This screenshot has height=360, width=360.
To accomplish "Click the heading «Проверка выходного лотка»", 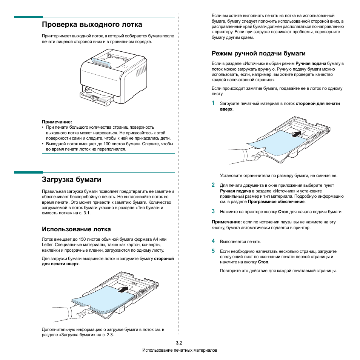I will tap(92, 25).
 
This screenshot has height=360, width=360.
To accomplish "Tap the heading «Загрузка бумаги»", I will tap(72, 179).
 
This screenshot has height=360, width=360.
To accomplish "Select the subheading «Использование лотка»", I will tap(77, 229).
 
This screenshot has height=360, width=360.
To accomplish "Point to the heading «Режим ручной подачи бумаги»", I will tap(258, 54).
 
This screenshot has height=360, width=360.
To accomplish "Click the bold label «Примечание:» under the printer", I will tap(57, 122).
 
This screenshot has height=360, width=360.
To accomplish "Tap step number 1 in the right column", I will tap(213, 103).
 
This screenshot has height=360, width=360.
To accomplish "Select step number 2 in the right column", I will tap(213, 185).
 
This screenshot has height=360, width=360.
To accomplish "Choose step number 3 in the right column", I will tap(213, 211).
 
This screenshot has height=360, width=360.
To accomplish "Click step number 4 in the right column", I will tap(213, 241).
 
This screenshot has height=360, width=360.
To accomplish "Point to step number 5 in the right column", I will tap(213, 251).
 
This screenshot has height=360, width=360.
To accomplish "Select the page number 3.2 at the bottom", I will tap(179, 343).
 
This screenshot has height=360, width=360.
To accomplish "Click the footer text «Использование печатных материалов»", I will tap(180, 351).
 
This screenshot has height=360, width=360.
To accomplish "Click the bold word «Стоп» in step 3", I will tap(283, 212).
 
